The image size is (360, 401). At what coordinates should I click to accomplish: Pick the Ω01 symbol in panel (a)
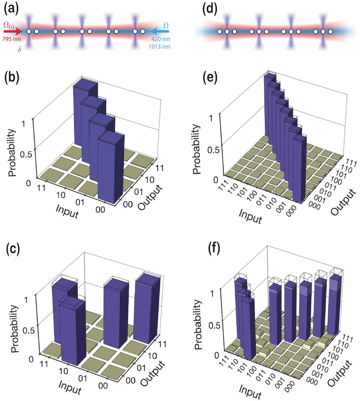[10, 25]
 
